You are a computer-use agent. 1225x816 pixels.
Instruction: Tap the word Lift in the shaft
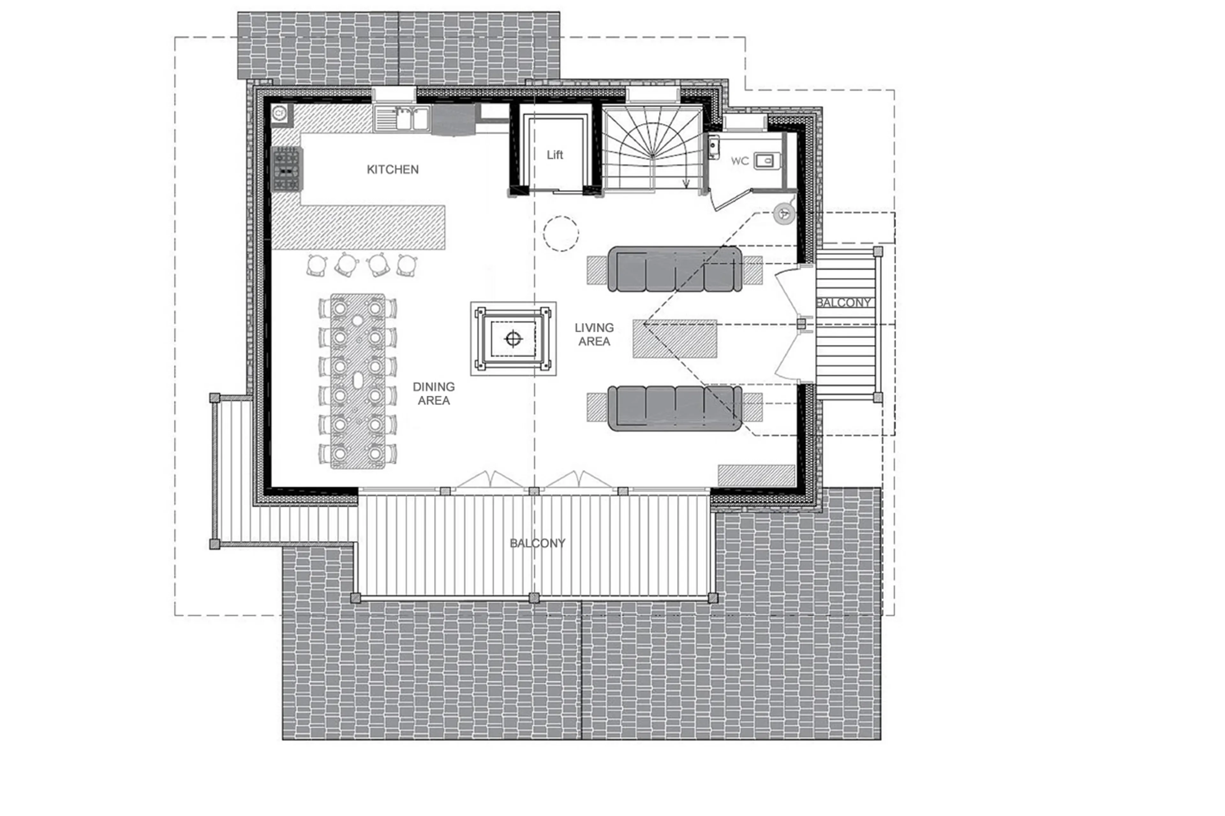click(554, 155)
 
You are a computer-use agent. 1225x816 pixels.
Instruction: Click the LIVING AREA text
click(594, 334)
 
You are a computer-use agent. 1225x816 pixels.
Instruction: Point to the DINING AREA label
click(434, 393)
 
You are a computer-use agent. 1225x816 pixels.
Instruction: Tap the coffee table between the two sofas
click(675, 339)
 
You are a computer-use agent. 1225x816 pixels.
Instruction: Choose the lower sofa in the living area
click(675, 408)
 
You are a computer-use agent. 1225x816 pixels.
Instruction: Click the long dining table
click(358, 381)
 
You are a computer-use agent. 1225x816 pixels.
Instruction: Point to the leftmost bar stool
click(316, 265)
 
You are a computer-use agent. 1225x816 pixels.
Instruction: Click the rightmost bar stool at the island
click(407, 265)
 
